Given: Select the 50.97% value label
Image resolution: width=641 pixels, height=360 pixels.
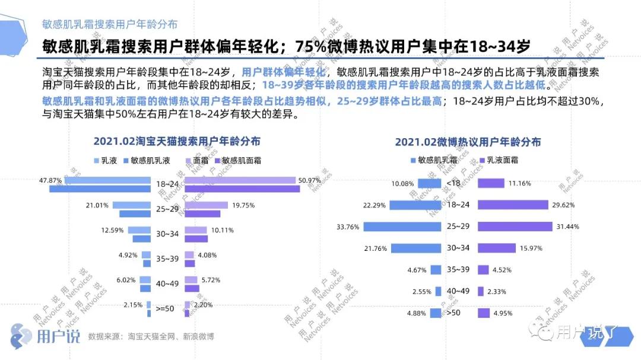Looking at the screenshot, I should pyautogui.click(x=310, y=180).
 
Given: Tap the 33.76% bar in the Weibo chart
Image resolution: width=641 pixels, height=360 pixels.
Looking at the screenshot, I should pyautogui.click(x=402, y=227).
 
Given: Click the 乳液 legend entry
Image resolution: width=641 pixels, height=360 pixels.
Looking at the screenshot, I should pyautogui.click(x=105, y=160).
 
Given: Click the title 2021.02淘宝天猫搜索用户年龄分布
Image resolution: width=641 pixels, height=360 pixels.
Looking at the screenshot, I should pyautogui.click(x=176, y=142).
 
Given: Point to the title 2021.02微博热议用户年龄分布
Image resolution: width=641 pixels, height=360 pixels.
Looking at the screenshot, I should pyautogui.click(x=468, y=142).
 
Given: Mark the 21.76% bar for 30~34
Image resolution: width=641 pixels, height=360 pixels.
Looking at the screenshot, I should pyautogui.click(x=417, y=249).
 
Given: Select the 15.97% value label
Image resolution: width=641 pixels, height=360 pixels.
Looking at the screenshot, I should pyautogui.click(x=531, y=249).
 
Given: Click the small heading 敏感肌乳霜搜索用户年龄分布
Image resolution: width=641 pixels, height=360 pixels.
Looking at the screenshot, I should pyautogui.click(x=109, y=24).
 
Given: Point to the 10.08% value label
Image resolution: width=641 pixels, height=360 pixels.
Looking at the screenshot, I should pyautogui.click(x=402, y=184).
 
